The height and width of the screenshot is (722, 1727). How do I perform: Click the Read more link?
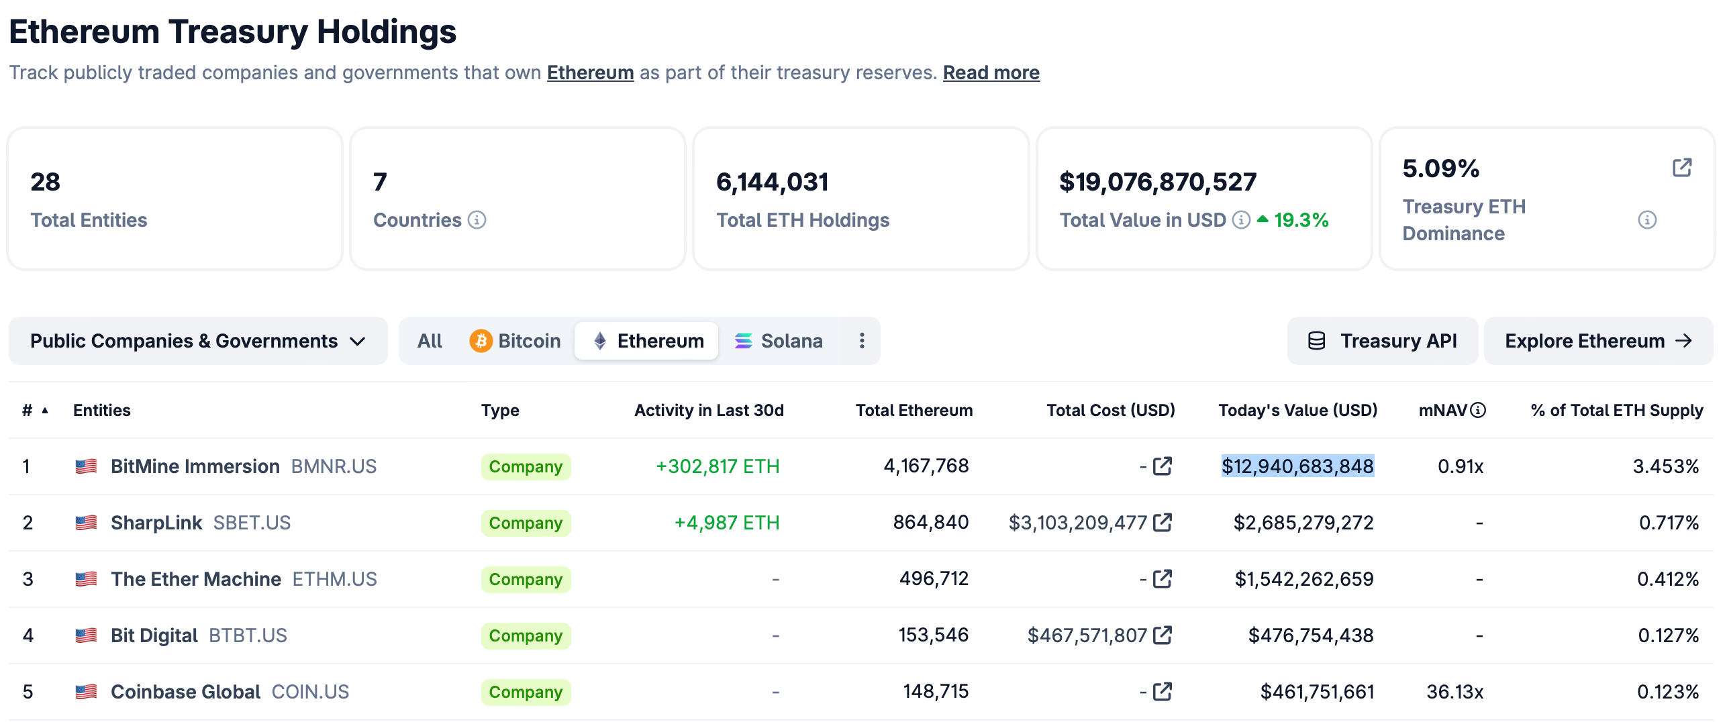(x=991, y=72)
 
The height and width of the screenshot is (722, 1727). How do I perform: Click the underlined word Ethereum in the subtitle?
(x=590, y=72)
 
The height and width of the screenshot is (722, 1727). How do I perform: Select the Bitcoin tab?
(x=515, y=341)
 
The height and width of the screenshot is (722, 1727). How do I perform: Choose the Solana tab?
(x=778, y=341)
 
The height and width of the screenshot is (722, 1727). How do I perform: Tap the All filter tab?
(x=430, y=341)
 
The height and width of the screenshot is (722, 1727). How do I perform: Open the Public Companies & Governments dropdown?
(x=198, y=341)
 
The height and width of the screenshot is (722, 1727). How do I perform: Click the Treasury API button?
(x=1383, y=341)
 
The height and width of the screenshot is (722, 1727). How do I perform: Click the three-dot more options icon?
(x=862, y=341)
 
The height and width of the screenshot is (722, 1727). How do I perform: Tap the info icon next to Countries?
(x=477, y=220)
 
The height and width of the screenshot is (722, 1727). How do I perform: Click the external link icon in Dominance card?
(x=1682, y=167)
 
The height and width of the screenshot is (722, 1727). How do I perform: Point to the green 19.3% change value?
(x=1300, y=220)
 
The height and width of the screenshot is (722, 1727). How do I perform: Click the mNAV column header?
(x=1442, y=410)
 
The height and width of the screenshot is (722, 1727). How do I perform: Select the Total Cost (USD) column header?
(x=1110, y=410)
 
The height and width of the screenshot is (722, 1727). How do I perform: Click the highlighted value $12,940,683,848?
(x=1297, y=466)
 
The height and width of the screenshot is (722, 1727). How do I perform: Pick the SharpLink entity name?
(x=156, y=523)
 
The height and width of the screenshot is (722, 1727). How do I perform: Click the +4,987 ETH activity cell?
(x=726, y=523)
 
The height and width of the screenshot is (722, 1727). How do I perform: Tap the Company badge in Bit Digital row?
(x=526, y=635)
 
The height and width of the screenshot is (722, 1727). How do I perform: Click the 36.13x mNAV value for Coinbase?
(x=1454, y=692)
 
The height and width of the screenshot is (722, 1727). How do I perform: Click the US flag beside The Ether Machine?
(x=86, y=579)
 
